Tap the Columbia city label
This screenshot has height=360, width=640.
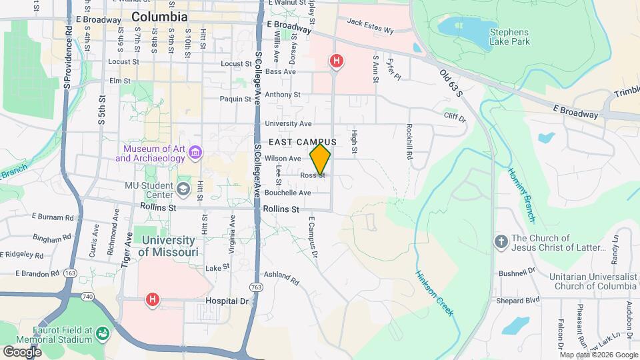159,17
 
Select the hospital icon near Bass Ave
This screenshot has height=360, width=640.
337,62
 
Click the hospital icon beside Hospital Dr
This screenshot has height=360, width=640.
153,300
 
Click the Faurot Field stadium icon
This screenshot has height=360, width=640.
102,333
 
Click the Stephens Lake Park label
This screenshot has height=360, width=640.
509,37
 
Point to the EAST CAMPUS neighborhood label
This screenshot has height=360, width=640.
303,143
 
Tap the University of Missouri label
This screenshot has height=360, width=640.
168,246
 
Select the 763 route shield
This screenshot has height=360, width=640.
256,287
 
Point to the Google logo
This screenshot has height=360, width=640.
22,351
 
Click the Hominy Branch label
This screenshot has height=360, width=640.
521,195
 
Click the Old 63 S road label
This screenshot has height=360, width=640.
451,83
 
